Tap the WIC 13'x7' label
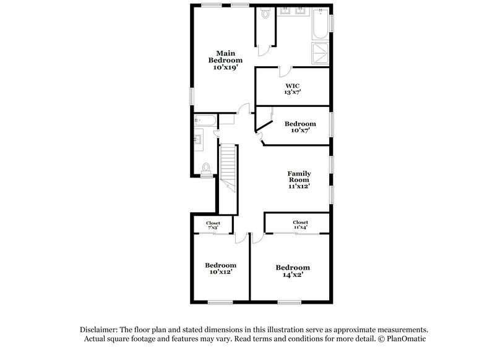coord(293,89)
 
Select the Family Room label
coord(298,179)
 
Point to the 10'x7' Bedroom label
coord(300,127)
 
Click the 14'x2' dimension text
coord(293,275)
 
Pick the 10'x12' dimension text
coord(221,272)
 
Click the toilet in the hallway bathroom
coord(207,167)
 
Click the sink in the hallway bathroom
coord(198,140)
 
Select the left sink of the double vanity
coord(286,11)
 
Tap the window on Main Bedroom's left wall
coord(191,96)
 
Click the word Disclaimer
coord(99,330)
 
